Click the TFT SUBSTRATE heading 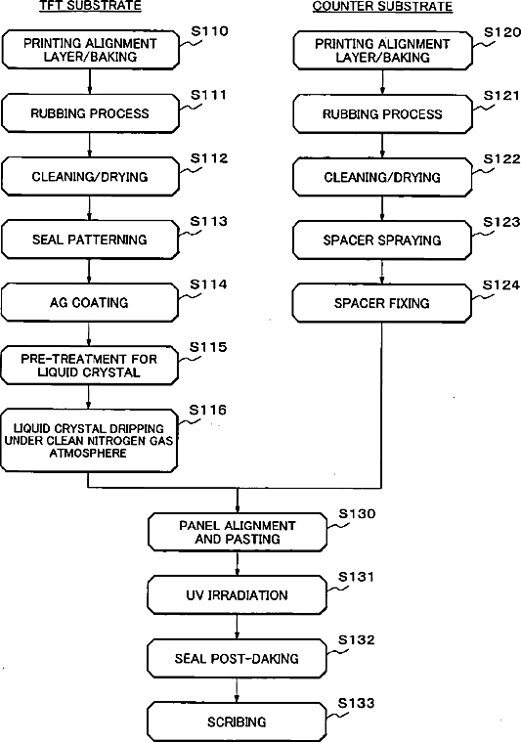pyautogui.click(x=90, y=6)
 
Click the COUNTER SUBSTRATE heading pyautogui.click(x=382, y=6)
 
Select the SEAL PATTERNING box pyautogui.click(x=90, y=240)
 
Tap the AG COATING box pyautogui.click(x=89, y=302)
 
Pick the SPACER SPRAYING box pyautogui.click(x=382, y=240)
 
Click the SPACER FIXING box pyautogui.click(x=382, y=303)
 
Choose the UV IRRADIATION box pyautogui.click(x=237, y=594)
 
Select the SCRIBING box pyautogui.click(x=237, y=721)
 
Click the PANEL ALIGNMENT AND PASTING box pyautogui.click(x=238, y=533)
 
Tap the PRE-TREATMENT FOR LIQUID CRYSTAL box pyautogui.click(x=89, y=366)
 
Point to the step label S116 pyautogui.click(x=207, y=410)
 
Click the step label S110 pyautogui.click(x=209, y=31)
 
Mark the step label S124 pyautogui.click(x=501, y=284)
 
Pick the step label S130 pyautogui.click(x=357, y=514)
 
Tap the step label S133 pyautogui.click(x=356, y=703)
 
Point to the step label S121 pyautogui.click(x=501, y=96)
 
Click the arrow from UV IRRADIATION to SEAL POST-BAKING pyautogui.click(x=237, y=627)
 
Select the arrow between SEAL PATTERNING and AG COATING pyautogui.click(x=89, y=271)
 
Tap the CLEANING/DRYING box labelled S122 pyautogui.click(x=382, y=177)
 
